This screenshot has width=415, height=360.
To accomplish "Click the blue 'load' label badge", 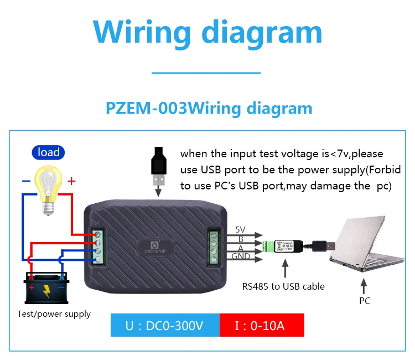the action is [x=48, y=152].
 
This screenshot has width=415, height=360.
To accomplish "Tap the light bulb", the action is [x=48, y=185].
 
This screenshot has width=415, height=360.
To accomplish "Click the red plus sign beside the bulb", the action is [x=71, y=181].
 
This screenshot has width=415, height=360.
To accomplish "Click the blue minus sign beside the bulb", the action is [x=25, y=181].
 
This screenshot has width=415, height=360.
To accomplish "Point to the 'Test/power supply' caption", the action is [x=54, y=314].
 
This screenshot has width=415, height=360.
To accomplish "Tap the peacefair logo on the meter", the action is [x=155, y=246].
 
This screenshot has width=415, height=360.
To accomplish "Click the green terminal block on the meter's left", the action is [x=98, y=246].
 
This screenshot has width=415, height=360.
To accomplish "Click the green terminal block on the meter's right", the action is [x=214, y=246].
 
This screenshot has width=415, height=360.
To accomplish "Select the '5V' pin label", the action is [x=240, y=229].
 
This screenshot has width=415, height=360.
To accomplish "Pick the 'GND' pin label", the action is [x=241, y=256].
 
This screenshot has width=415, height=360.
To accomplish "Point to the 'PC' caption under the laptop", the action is [x=364, y=301].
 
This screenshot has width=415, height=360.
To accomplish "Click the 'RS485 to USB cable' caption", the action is [x=283, y=286].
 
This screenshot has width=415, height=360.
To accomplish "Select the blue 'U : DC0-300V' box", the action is [x=165, y=325].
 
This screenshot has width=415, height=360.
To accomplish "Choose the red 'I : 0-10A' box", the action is [x=262, y=325].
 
